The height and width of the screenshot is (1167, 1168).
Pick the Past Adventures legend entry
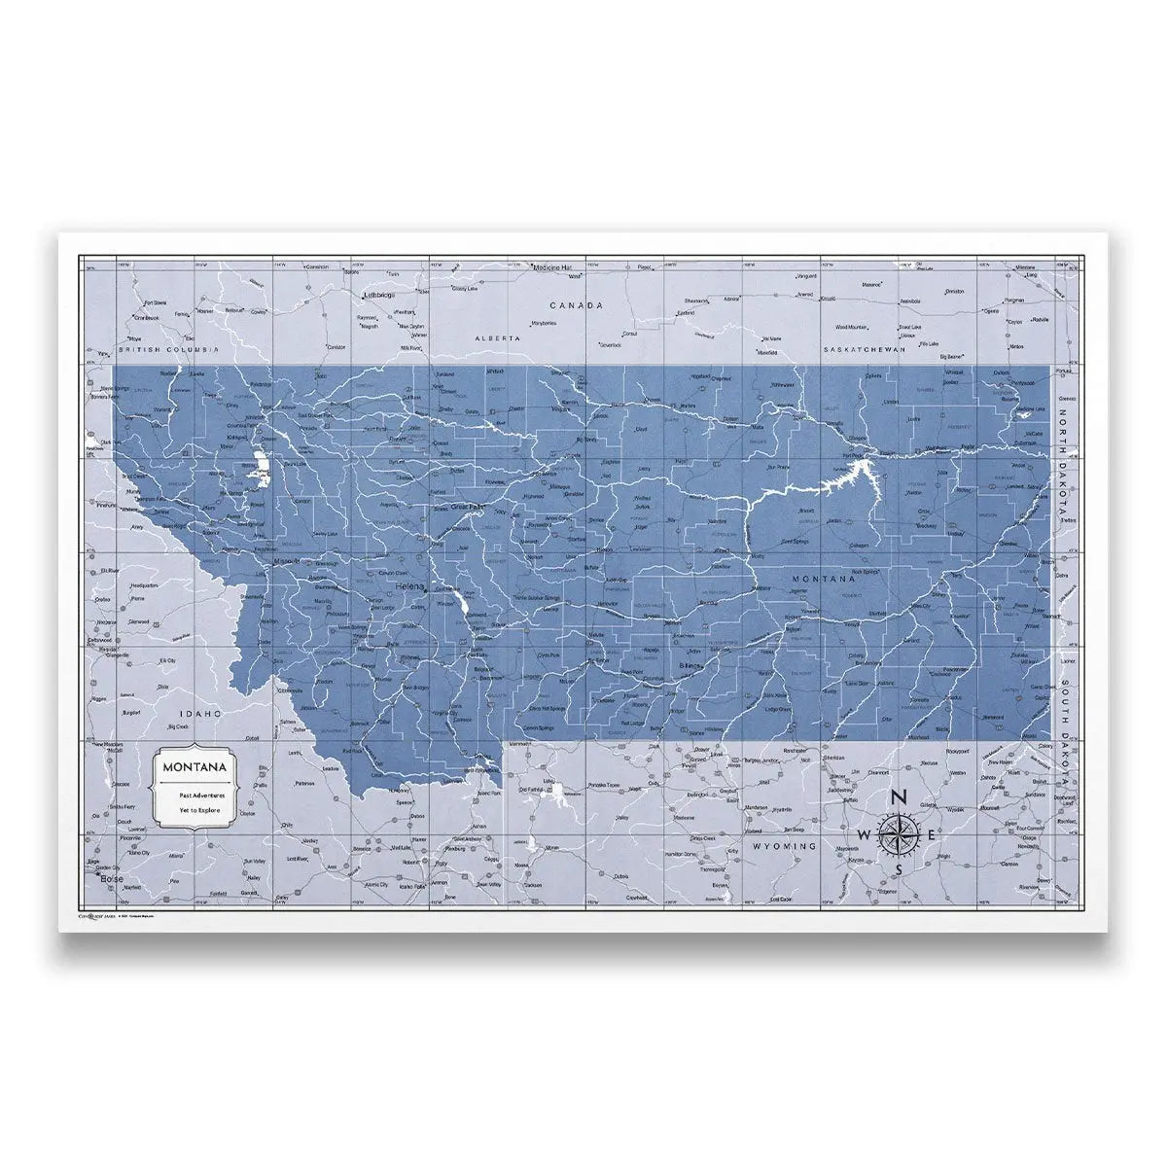pos(198,795)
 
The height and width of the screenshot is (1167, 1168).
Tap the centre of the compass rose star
pos(899,834)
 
